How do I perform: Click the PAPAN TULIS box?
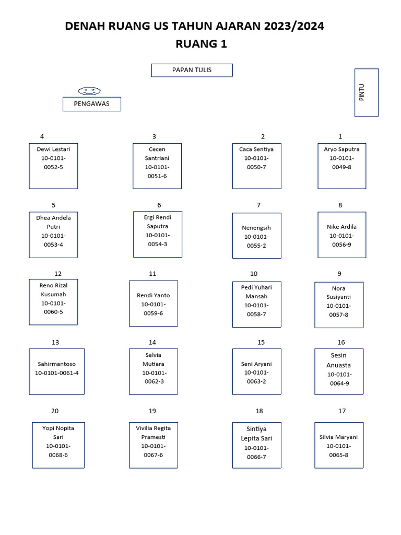pyautogui.click(x=192, y=70)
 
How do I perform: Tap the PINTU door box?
pyautogui.click(x=366, y=92)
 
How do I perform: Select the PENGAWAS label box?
pyautogui.click(x=92, y=104)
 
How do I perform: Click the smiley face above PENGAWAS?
pyautogui.click(x=89, y=91)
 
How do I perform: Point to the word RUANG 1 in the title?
pyautogui.click(x=202, y=44)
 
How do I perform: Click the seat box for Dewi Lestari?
pyautogui.click(x=53, y=166)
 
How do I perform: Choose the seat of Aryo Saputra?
pyautogui.click(x=342, y=166)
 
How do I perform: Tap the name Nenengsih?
pyautogui.click(x=256, y=228)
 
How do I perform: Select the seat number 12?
pyautogui.click(x=58, y=274)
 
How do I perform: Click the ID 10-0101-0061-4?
pyautogui.click(x=57, y=373)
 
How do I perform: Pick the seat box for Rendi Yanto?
pyautogui.click(x=154, y=303)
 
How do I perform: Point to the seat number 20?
pyautogui.click(x=55, y=411)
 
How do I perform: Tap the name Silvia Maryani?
pyautogui.click(x=339, y=437)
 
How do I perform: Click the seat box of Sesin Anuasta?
pyautogui.click(x=339, y=371)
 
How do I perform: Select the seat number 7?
pyautogui.click(x=258, y=205)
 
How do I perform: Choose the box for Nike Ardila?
pyautogui.click(x=342, y=235)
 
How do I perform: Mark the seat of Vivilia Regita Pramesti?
pyautogui.click(x=154, y=445)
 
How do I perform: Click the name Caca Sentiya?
pyautogui.click(x=256, y=149)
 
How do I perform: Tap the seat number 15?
pyautogui.click(x=261, y=343)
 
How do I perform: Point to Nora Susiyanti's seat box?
pyautogui.click(x=339, y=305)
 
